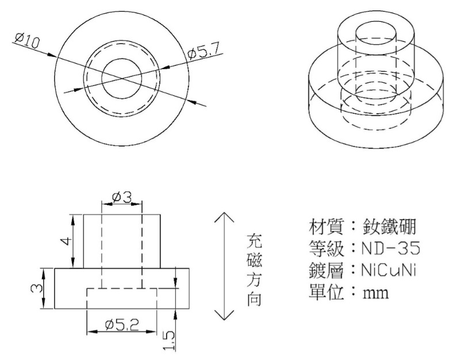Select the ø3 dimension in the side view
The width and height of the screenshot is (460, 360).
tap(121, 197)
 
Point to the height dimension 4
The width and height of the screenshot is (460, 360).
tap(67, 241)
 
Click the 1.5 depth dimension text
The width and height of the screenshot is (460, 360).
tap(169, 340)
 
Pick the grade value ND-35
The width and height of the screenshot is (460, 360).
tap(390, 248)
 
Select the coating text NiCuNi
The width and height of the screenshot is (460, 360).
tap(389, 270)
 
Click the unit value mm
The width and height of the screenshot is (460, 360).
tap(375, 293)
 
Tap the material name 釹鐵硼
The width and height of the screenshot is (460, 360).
tap(389, 227)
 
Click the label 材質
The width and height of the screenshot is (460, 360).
tap(326, 227)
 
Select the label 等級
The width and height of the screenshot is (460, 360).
tap(326, 248)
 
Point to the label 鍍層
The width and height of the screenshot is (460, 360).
tap(326, 270)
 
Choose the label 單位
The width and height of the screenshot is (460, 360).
tap(326, 292)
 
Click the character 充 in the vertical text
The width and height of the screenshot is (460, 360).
tap(254, 240)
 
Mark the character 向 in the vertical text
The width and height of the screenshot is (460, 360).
tap(254, 299)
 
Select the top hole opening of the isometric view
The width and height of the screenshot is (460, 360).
tap(377, 33)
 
